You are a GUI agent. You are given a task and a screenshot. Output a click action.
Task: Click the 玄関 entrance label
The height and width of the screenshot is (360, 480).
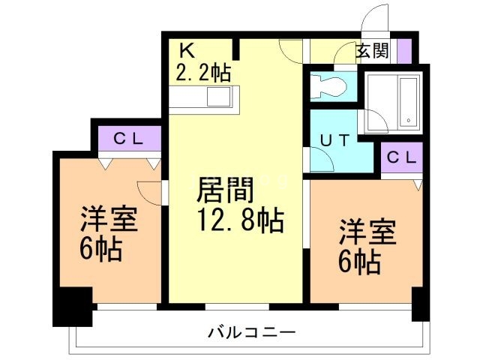[371, 52]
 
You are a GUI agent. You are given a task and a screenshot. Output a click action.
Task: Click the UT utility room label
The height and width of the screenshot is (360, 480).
[335, 139]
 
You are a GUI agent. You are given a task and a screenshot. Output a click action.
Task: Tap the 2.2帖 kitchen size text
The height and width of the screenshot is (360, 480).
[202, 73]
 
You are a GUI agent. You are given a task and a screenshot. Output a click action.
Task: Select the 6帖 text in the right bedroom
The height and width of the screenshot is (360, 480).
[359, 262]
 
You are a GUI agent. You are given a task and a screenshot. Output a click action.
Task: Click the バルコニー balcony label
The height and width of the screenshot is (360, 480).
[252, 331]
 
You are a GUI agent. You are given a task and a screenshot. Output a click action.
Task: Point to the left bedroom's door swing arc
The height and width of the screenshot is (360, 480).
[149, 192]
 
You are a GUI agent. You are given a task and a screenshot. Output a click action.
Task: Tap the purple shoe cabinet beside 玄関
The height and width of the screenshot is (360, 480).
[404, 52]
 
